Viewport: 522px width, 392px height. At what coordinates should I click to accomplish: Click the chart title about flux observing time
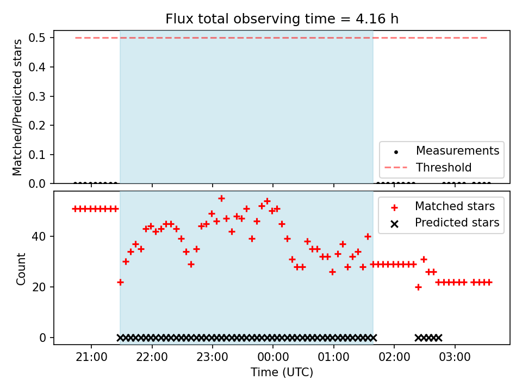[282, 19]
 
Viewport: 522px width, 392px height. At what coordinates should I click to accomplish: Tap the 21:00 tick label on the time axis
[91, 357]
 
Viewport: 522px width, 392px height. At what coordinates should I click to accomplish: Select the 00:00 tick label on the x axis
[273, 357]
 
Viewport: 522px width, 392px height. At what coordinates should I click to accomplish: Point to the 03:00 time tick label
[455, 357]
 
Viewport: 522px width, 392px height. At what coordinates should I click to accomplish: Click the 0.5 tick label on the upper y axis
[36, 38]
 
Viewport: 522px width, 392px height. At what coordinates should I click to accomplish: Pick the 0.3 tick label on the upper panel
[36, 96]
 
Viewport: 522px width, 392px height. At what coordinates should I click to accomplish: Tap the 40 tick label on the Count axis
[39, 236]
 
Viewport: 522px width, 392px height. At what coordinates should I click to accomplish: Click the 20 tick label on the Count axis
[39, 287]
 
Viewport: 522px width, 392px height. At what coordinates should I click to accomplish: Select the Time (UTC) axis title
[282, 372]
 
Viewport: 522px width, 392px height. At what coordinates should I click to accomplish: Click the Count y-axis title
[21, 269]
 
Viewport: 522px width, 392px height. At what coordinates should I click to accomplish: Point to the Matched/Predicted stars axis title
[17, 107]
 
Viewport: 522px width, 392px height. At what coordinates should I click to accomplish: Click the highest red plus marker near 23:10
[221, 199]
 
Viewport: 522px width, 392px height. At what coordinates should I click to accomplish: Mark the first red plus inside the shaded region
[121, 283]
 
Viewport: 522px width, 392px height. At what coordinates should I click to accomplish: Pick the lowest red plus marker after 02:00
[419, 287]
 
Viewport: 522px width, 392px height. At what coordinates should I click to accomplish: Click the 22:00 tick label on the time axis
[152, 357]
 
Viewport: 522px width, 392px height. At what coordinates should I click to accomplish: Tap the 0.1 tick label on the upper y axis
[36, 155]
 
